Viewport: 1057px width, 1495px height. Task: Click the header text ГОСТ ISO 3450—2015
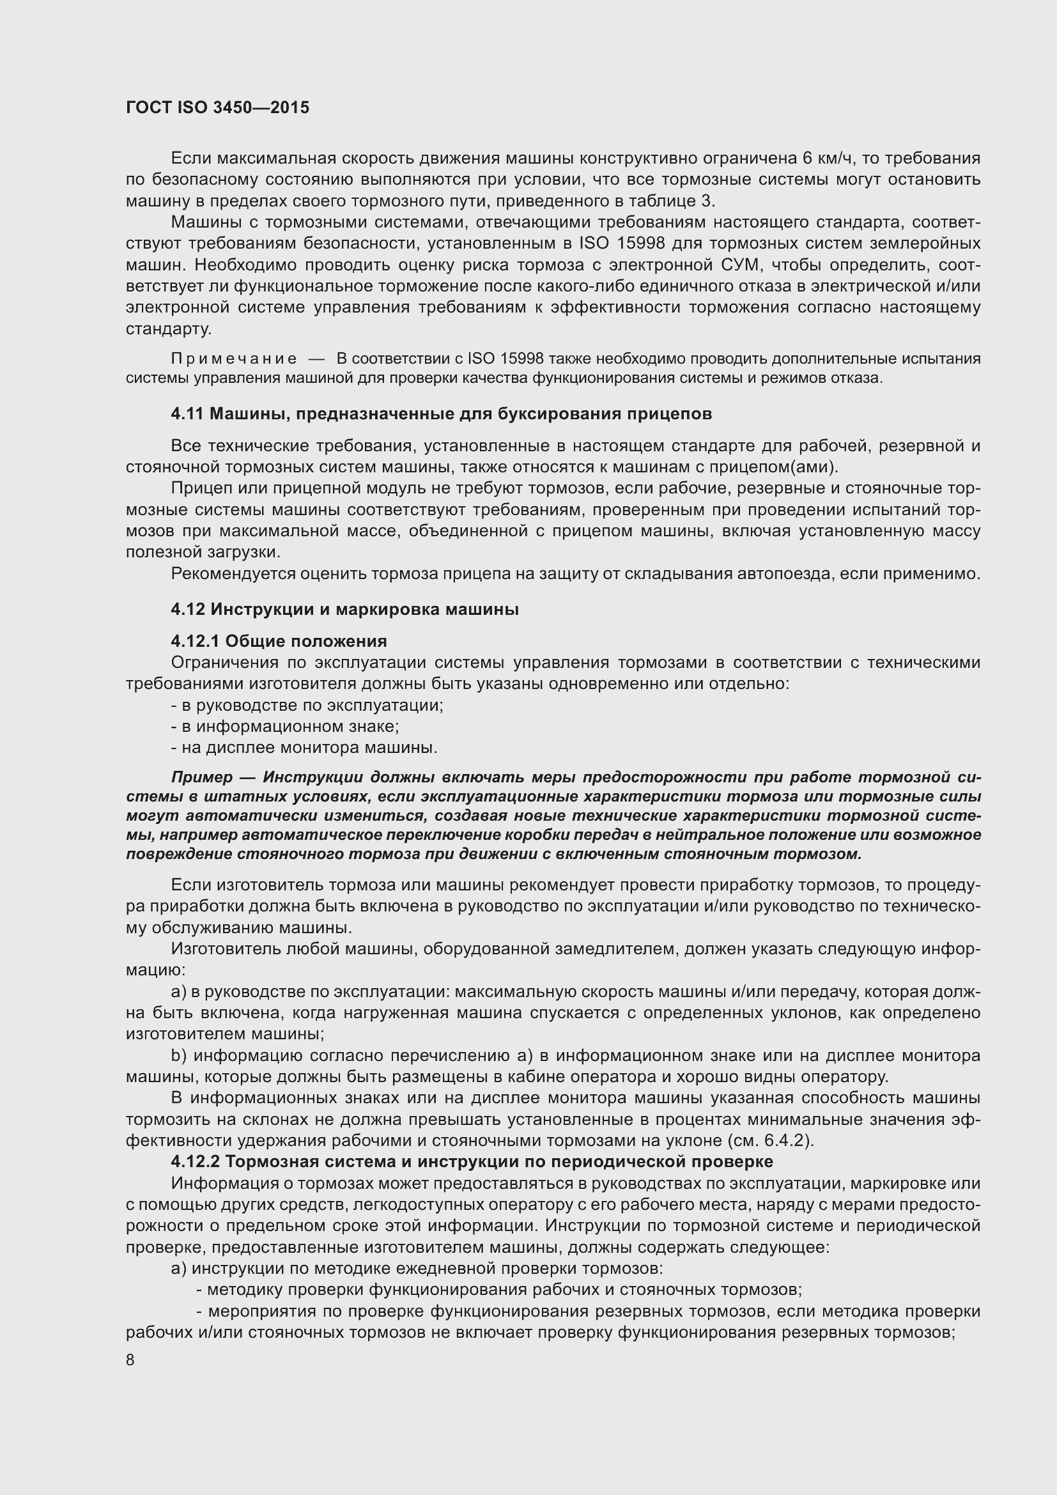[x=217, y=107]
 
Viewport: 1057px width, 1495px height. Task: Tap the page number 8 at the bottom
[x=130, y=1360]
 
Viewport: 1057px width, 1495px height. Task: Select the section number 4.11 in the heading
[x=187, y=414]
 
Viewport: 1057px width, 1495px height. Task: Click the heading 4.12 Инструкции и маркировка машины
[x=345, y=610]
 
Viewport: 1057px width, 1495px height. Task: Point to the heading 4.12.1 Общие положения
[x=279, y=641]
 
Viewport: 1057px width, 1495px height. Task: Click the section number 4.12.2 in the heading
[x=197, y=1161]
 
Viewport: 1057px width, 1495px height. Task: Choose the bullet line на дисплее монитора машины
[x=304, y=748]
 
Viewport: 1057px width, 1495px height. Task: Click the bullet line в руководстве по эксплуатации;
[x=307, y=705]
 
